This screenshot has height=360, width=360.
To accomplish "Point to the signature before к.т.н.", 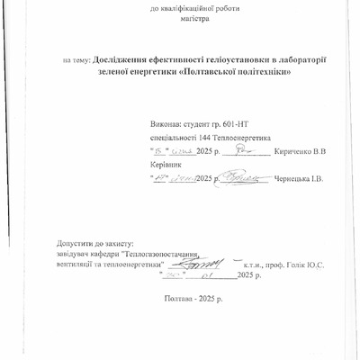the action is (198, 264).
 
